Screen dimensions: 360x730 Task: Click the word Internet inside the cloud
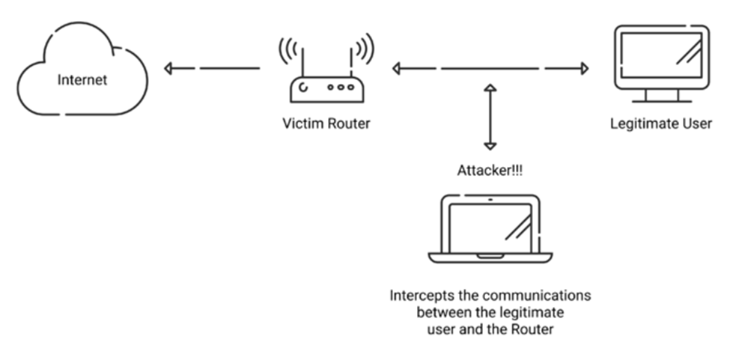(82, 79)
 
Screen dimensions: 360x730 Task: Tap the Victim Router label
(326, 123)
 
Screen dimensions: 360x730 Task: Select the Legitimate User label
(661, 123)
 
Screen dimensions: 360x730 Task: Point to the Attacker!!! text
(490, 171)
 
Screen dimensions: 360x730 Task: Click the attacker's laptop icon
(490, 228)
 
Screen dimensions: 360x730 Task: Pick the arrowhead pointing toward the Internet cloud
(169, 69)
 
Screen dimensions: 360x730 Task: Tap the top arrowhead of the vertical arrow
(490, 89)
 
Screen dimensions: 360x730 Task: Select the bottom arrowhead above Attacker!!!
(490, 146)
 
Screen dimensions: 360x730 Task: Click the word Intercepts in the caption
(417, 296)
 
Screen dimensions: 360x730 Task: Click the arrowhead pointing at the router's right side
(395, 69)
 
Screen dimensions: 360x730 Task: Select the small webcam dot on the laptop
(490, 200)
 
